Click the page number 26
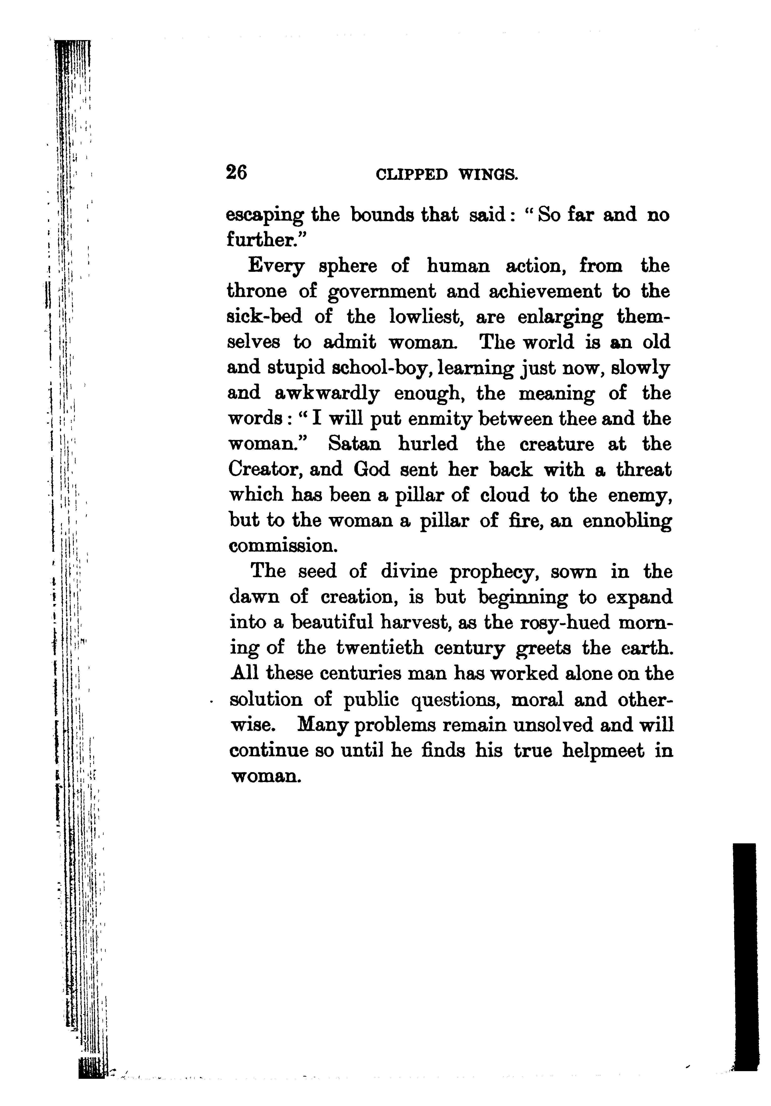(x=236, y=172)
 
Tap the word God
(x=372, y=470)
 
